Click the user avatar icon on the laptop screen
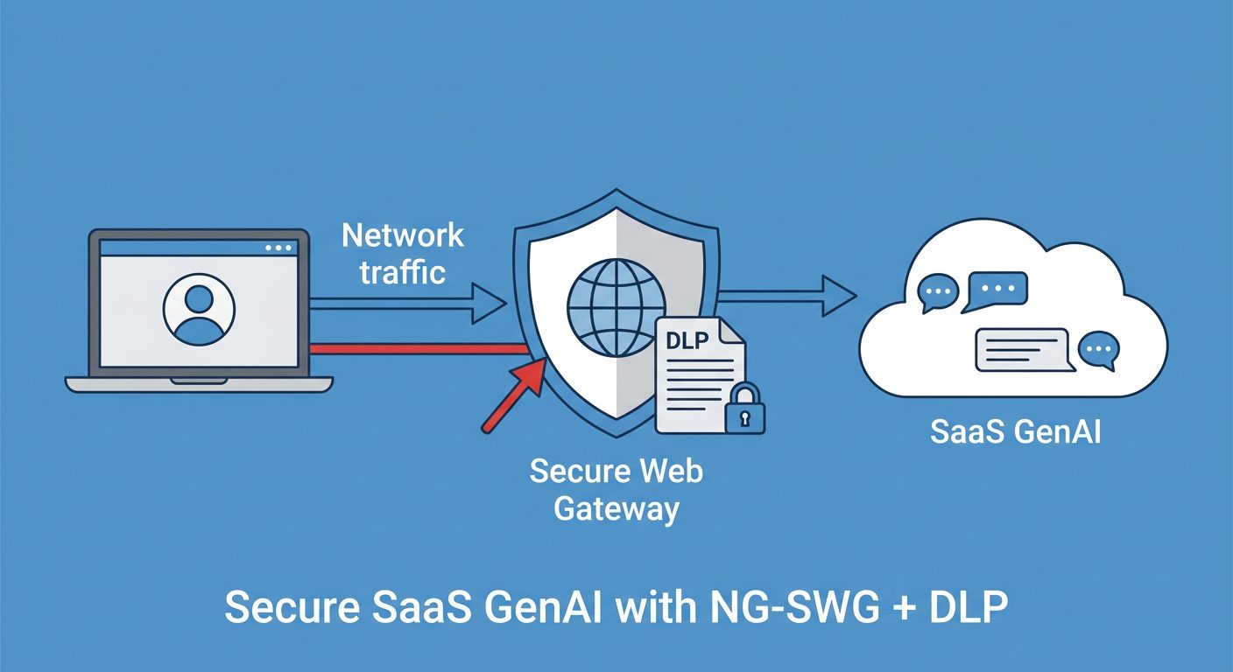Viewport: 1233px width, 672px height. click(199, 311)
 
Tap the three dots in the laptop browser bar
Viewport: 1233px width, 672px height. click(278, 248)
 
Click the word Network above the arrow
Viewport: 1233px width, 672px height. click(402, 235)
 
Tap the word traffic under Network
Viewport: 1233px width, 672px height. click(403, 271)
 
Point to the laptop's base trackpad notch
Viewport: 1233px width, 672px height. click(199, 380)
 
